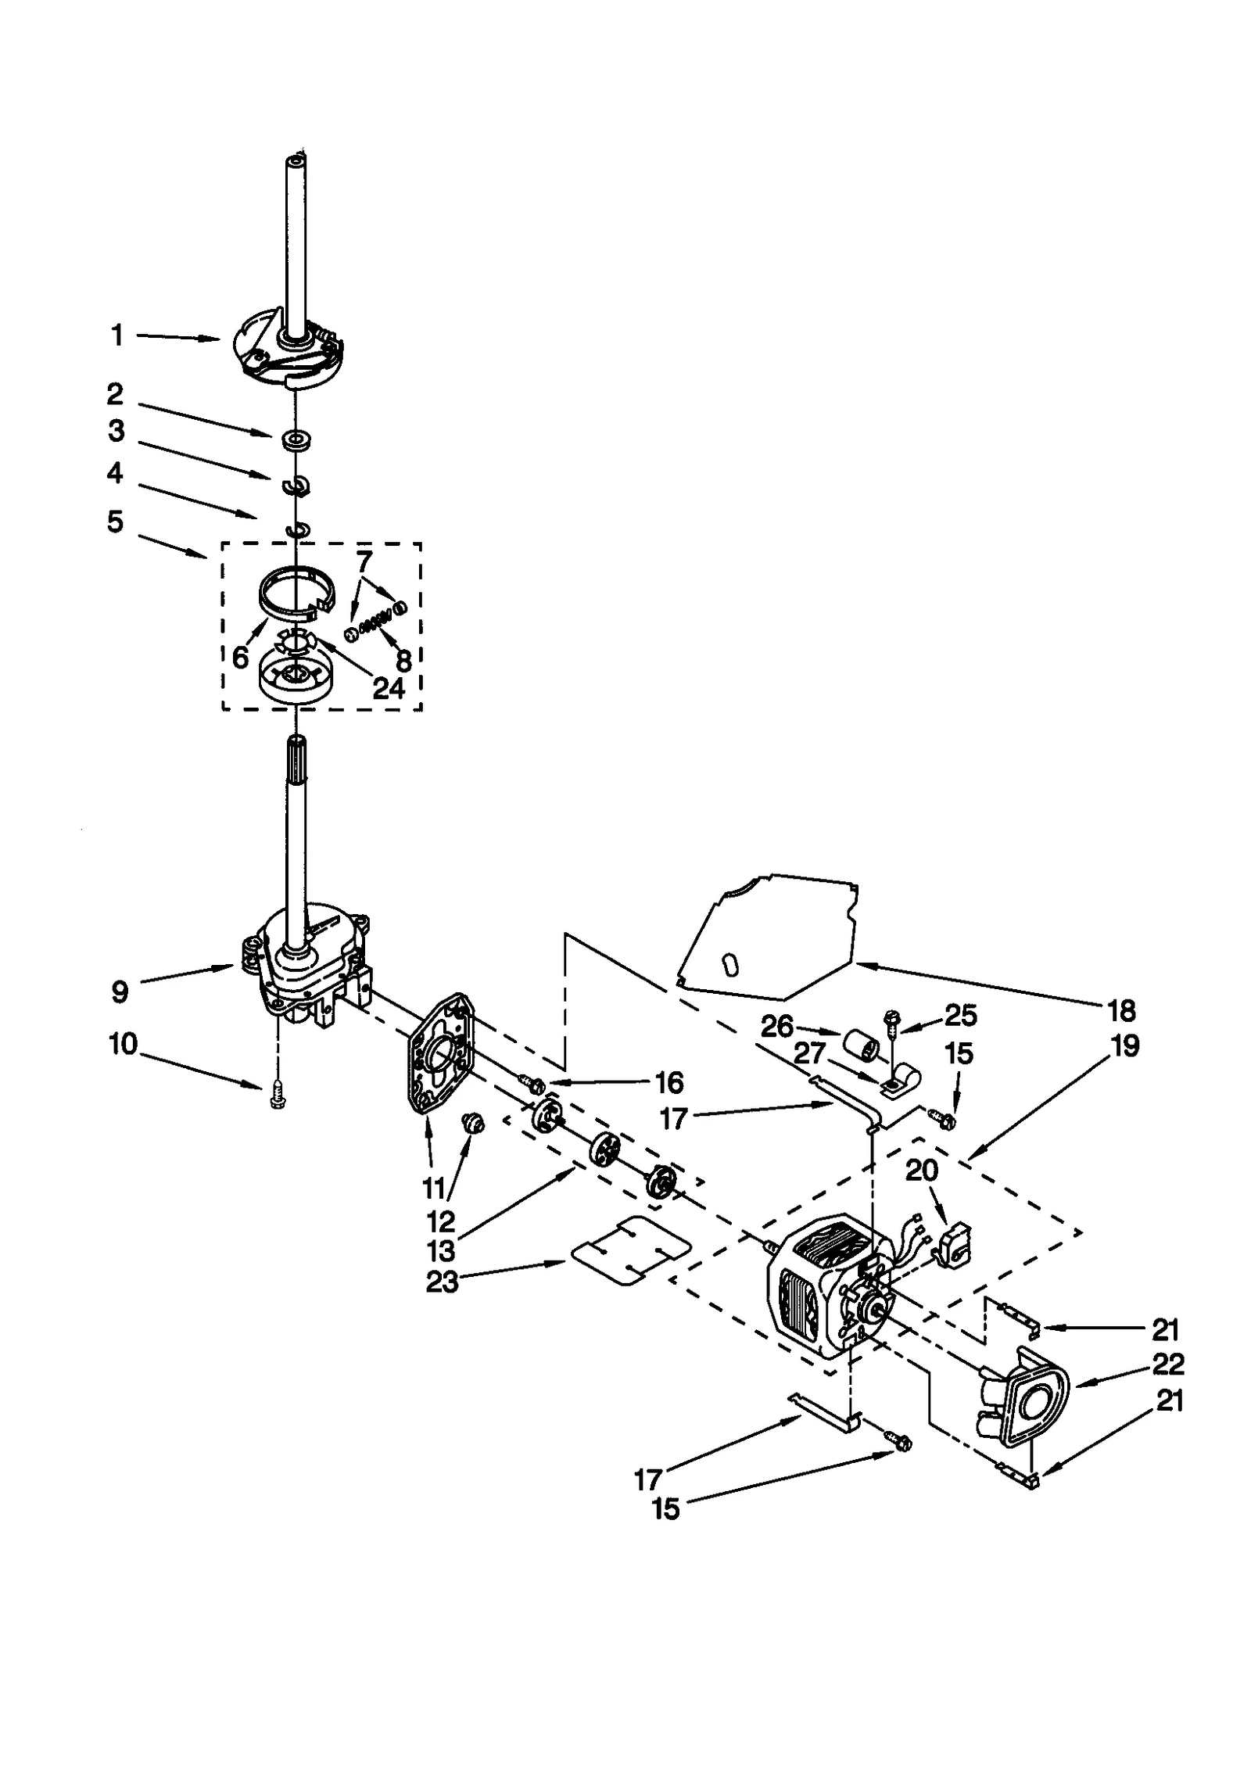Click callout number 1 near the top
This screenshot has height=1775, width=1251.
[116, 336]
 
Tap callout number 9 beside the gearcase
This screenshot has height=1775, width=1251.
[119, 992]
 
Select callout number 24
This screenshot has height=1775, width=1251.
[389, 688]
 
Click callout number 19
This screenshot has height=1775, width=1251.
[1125, 1045]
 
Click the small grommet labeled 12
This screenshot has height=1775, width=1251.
[474, 1124]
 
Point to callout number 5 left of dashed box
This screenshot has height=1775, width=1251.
[115, 522]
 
